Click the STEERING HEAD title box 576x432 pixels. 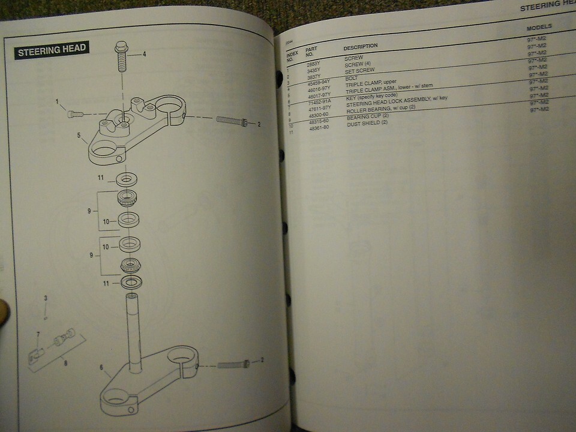click(52, 50)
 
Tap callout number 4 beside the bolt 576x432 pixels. click(144, 55)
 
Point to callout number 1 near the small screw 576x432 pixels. click(58, 102)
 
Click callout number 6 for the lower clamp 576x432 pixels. click(101, 367)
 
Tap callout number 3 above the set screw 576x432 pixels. click(45, 298)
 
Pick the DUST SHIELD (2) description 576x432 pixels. click(367, 122)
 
